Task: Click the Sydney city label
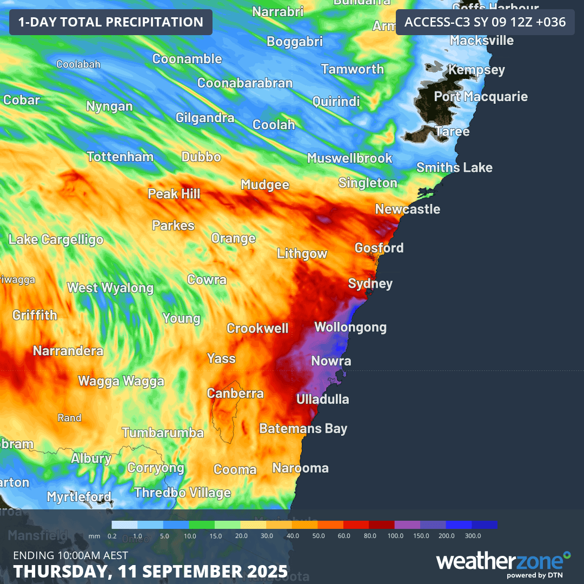(370, 283)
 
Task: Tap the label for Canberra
(235, 394)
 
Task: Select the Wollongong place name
(350, 327)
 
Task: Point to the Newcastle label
(408, 209)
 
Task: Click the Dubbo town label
(201, 157)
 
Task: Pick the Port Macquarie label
(481, 97)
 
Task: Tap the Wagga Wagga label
(121, 381)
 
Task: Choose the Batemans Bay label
(303, 429)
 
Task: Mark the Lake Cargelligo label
(56, 240)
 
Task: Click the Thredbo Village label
(182, 493)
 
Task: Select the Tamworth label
(353, 69)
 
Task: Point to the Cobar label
(22, 100)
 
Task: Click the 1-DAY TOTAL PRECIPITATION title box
(111, 22)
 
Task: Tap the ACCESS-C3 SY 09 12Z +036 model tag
(485, 22)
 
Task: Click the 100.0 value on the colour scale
(395, 535)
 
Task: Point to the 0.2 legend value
(112, 535)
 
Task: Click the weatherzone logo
(503, 562)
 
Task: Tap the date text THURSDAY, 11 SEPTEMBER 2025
(150, 571)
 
